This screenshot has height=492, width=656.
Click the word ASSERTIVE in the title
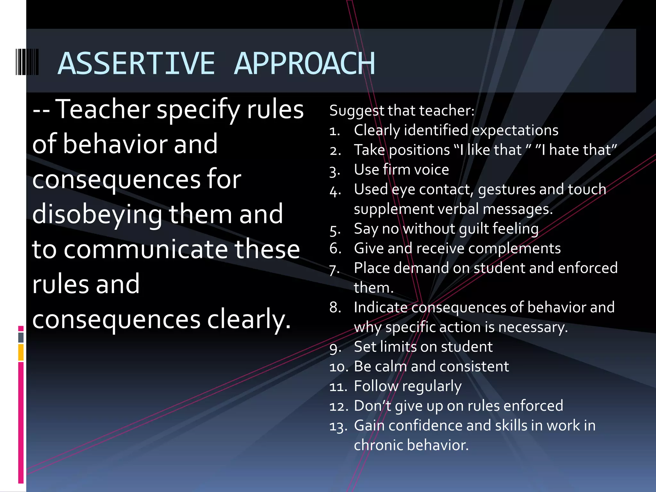click(136, 63)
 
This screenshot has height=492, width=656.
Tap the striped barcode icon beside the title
click(27, 62)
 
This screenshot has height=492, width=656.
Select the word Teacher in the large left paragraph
click(103, 110)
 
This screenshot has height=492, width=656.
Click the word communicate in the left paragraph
click(145, 250)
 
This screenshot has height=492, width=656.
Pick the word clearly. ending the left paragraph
click(249, 320)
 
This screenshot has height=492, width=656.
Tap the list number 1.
click(334, 131)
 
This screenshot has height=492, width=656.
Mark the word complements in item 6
click(519, 249)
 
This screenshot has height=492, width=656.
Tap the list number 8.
click(335, 307)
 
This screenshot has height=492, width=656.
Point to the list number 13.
click(338, 426)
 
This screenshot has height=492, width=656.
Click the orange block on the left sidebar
click(21, 352)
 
